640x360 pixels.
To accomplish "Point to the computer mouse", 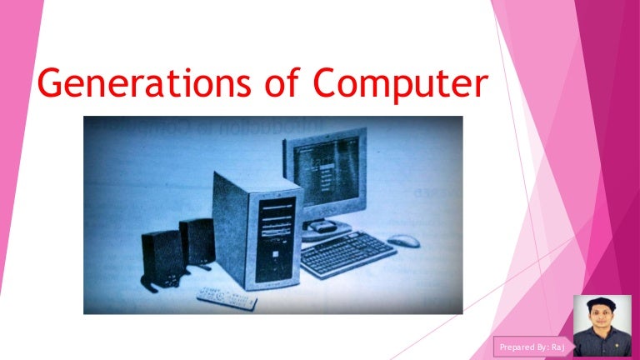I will pyautogui.click(x=403, y=241).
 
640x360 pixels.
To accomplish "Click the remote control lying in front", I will pyautogui.click(x=227, y=296).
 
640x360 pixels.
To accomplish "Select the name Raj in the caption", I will pyautogui.click(x=557, y=344).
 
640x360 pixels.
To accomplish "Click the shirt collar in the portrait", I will pyautogui.click(x=602, y=334).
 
